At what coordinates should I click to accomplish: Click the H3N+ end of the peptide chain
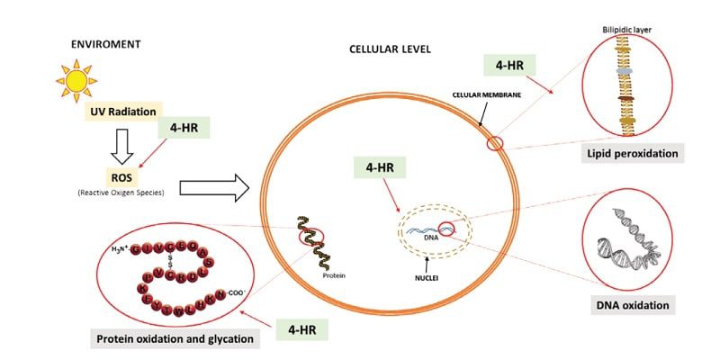117,248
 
